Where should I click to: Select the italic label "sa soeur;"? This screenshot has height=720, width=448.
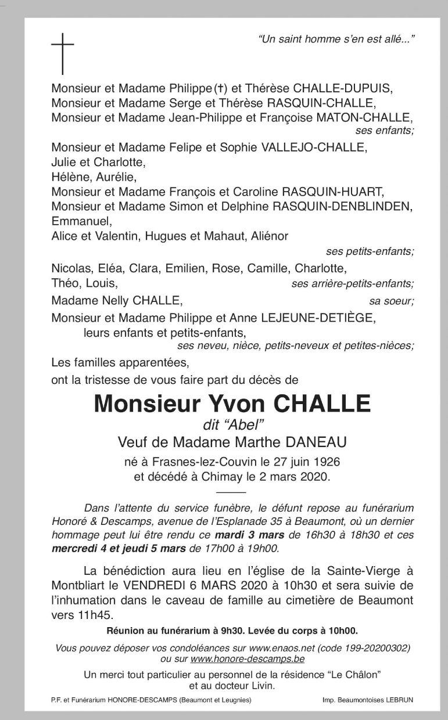click(x=391, y=301)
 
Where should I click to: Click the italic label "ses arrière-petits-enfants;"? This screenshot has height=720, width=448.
click(x=353, y=284)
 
